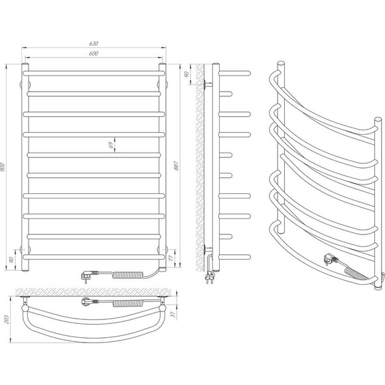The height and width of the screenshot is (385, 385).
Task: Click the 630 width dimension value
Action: pos(94,43)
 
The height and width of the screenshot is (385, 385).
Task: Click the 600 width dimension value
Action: pos(94,53)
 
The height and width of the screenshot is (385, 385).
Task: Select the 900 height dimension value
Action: pos(3,167)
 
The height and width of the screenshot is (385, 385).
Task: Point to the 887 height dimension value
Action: pos(177,166)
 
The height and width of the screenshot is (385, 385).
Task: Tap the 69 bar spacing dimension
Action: pos(112,145)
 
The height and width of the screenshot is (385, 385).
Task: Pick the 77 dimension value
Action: pos(171,258)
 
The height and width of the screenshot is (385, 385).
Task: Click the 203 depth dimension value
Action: pos(7,319)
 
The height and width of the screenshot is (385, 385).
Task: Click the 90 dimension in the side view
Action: pos(187,74)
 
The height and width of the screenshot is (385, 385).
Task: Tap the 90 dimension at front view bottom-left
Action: pos(11,260)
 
